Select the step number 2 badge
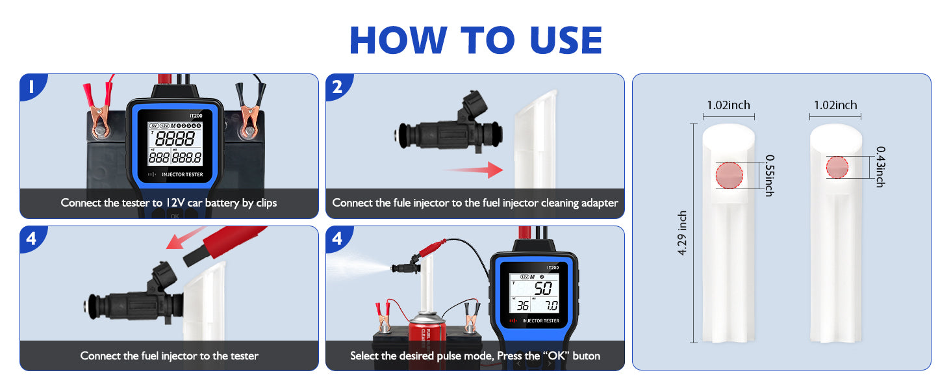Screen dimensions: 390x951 tap(337, 86)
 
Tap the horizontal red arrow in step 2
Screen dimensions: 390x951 tap(474, 171)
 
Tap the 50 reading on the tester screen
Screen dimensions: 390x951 tap(543, 289)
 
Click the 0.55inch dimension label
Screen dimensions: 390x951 tap(770, 175)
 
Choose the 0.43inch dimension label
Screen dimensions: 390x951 tap(880, 166)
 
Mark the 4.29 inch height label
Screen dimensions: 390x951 tap(682, 233)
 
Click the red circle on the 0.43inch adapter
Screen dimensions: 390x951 tap(837, 166)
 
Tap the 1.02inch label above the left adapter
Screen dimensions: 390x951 tap(728, 105)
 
